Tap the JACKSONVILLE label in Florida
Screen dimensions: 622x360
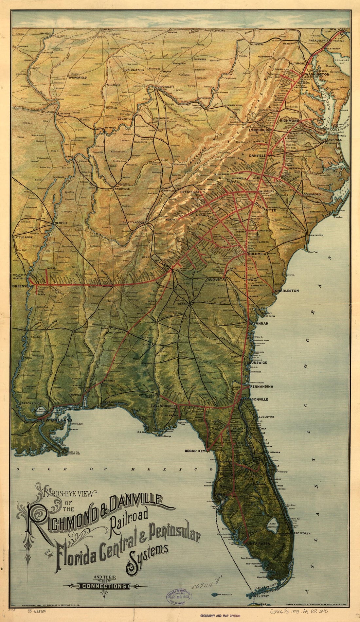pyautogui.click(x=255, y=400)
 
